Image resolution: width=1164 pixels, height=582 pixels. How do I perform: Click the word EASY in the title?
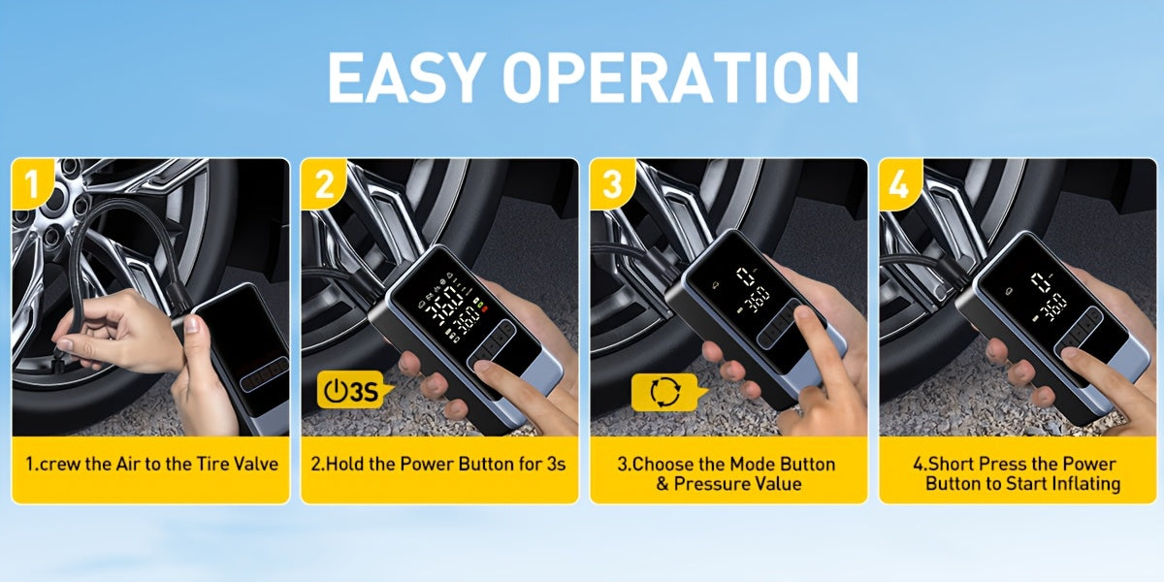[x=404, y=78]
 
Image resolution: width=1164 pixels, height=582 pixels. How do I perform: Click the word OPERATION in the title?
[x=680, y=78]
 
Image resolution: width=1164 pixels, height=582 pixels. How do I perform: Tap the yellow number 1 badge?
[x=32, y=183]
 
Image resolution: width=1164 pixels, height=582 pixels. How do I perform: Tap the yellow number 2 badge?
[x=324, y=183]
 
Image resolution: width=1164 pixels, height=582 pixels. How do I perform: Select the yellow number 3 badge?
[x=613, y=183]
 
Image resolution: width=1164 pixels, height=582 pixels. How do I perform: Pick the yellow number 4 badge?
[x=900, y=183]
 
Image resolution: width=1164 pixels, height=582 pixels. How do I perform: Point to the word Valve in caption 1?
[x=256, y=464]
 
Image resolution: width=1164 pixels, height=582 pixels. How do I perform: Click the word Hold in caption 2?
[x=345, y=464]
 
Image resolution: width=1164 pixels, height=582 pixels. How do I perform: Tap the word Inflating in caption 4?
[x=1085, y=484]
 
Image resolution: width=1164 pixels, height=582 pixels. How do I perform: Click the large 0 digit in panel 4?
[x=1042, y=282]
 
